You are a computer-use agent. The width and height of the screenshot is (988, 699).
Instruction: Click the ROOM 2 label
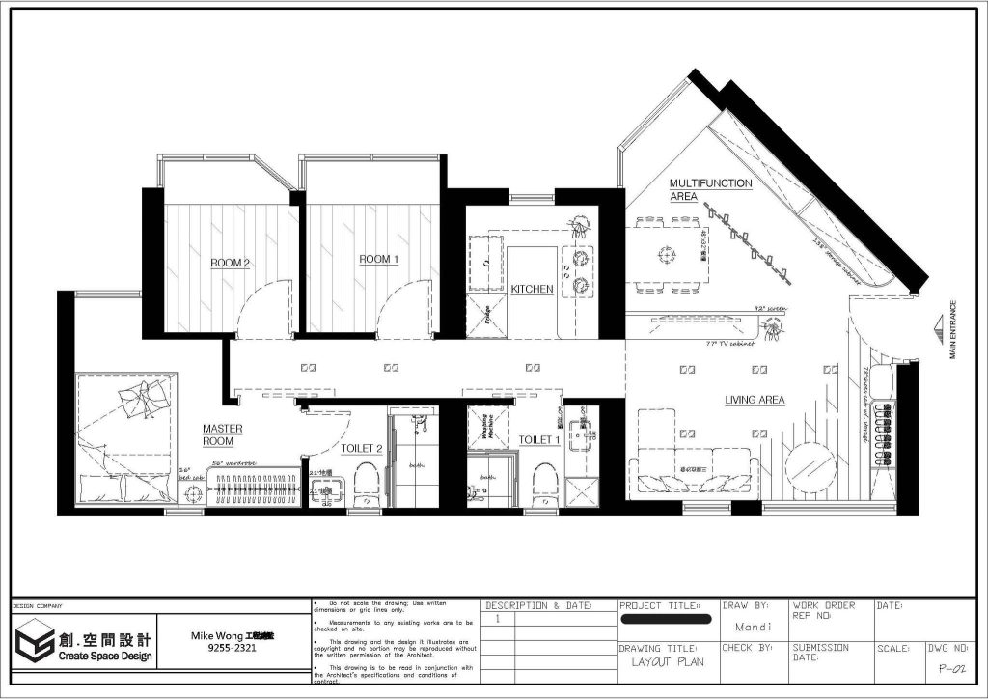231,262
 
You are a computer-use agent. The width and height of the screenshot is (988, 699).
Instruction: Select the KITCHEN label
532,289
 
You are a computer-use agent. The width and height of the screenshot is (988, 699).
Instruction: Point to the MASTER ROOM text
222,434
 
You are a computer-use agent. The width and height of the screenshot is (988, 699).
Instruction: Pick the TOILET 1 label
539,440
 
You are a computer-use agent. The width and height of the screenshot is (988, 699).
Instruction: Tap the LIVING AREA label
755,400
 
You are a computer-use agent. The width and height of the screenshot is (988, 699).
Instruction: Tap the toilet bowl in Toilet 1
546,479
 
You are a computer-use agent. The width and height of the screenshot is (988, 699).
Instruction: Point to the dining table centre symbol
666,255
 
